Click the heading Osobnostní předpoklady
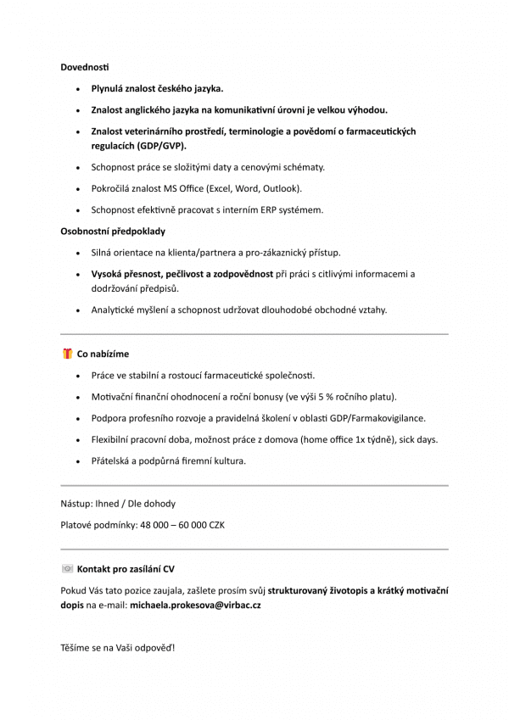[112, 231]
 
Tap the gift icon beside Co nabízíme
[67, 354]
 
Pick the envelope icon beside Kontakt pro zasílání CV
[67, 568]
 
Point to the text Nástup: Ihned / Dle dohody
[118, 504]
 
